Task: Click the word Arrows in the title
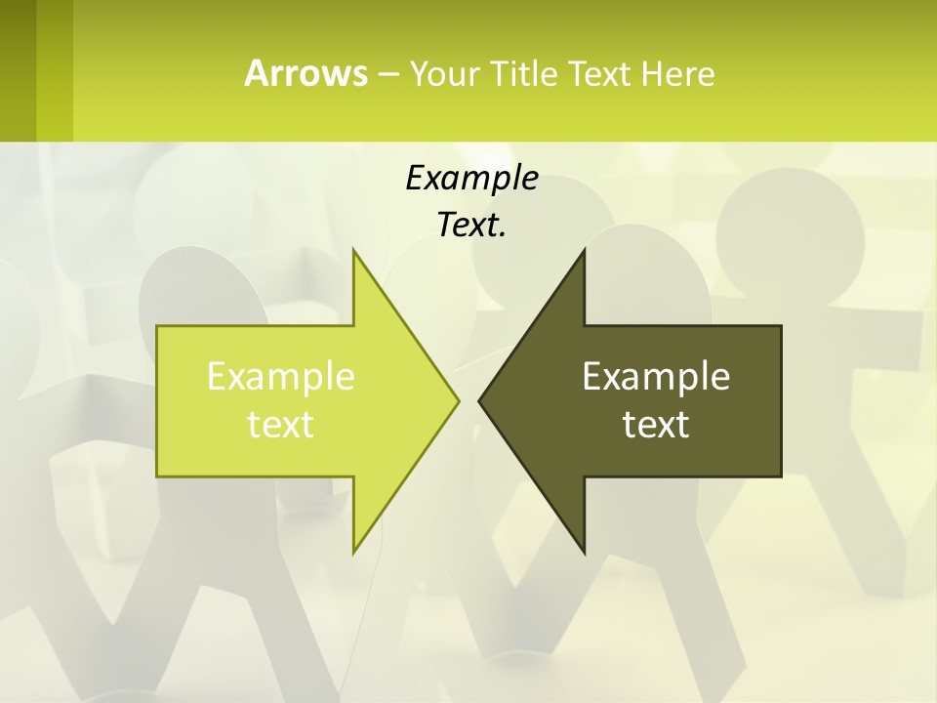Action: (x=305, y=73)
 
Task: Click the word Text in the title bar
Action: (x=599, y=73)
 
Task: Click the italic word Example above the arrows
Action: (x=471, y=178)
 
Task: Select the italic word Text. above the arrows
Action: (x=471, y=226)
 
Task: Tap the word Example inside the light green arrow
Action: (x=281, y=376)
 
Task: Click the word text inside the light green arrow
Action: (x=281, y=425)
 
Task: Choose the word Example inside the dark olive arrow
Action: (x=656, y=376)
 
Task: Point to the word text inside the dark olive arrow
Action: (x=656, y=425)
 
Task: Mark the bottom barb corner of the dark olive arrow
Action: (x=584, y=552)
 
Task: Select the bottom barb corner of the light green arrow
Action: (x=354, y=552)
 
